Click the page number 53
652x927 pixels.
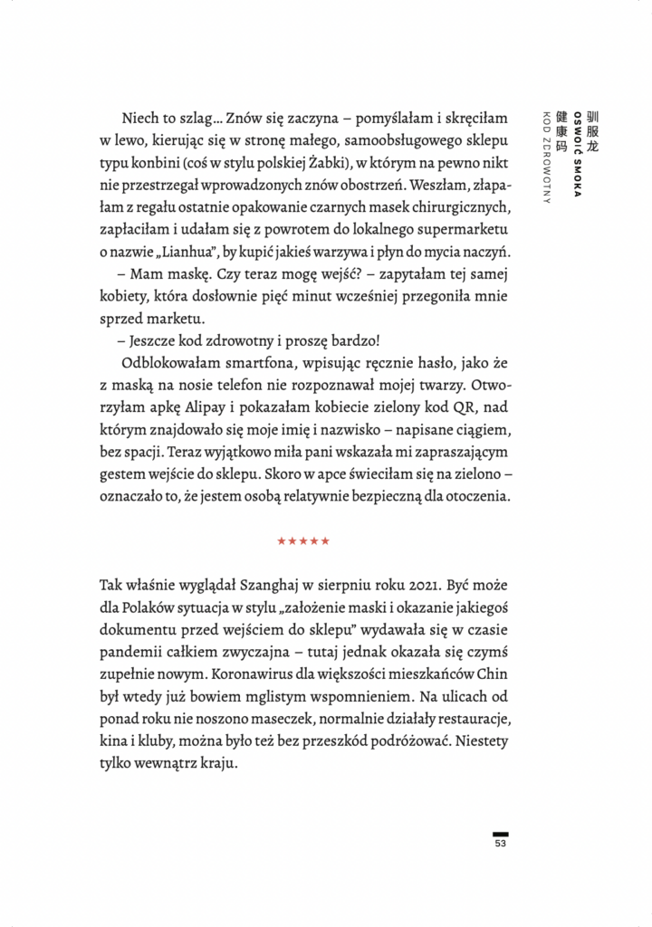(500, 845)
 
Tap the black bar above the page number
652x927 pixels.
(500, 833)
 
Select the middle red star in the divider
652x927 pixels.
(302, 541)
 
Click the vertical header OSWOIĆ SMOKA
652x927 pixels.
(578, 155)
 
